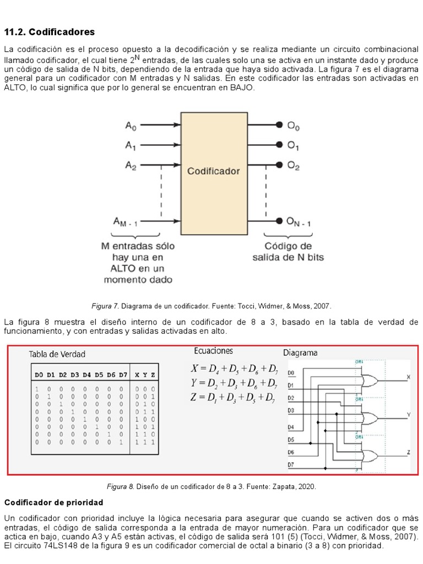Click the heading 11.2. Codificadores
(50, 32)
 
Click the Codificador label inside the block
(214, 171)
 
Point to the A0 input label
(131, 127)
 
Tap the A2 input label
(131, 165)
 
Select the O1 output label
(293, 147)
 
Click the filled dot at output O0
(280, 126)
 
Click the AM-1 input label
(126, 222)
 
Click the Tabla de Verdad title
(57, 354)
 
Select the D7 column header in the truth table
(122, 375)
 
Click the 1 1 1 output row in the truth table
(145, 442)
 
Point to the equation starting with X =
(234, 368)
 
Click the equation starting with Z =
(234, 397)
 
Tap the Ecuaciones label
(213, 351)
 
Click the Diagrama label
(300, 352)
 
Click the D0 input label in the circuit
(291, 372)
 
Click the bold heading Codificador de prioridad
(53, 503)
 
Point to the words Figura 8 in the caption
(120, 487)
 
